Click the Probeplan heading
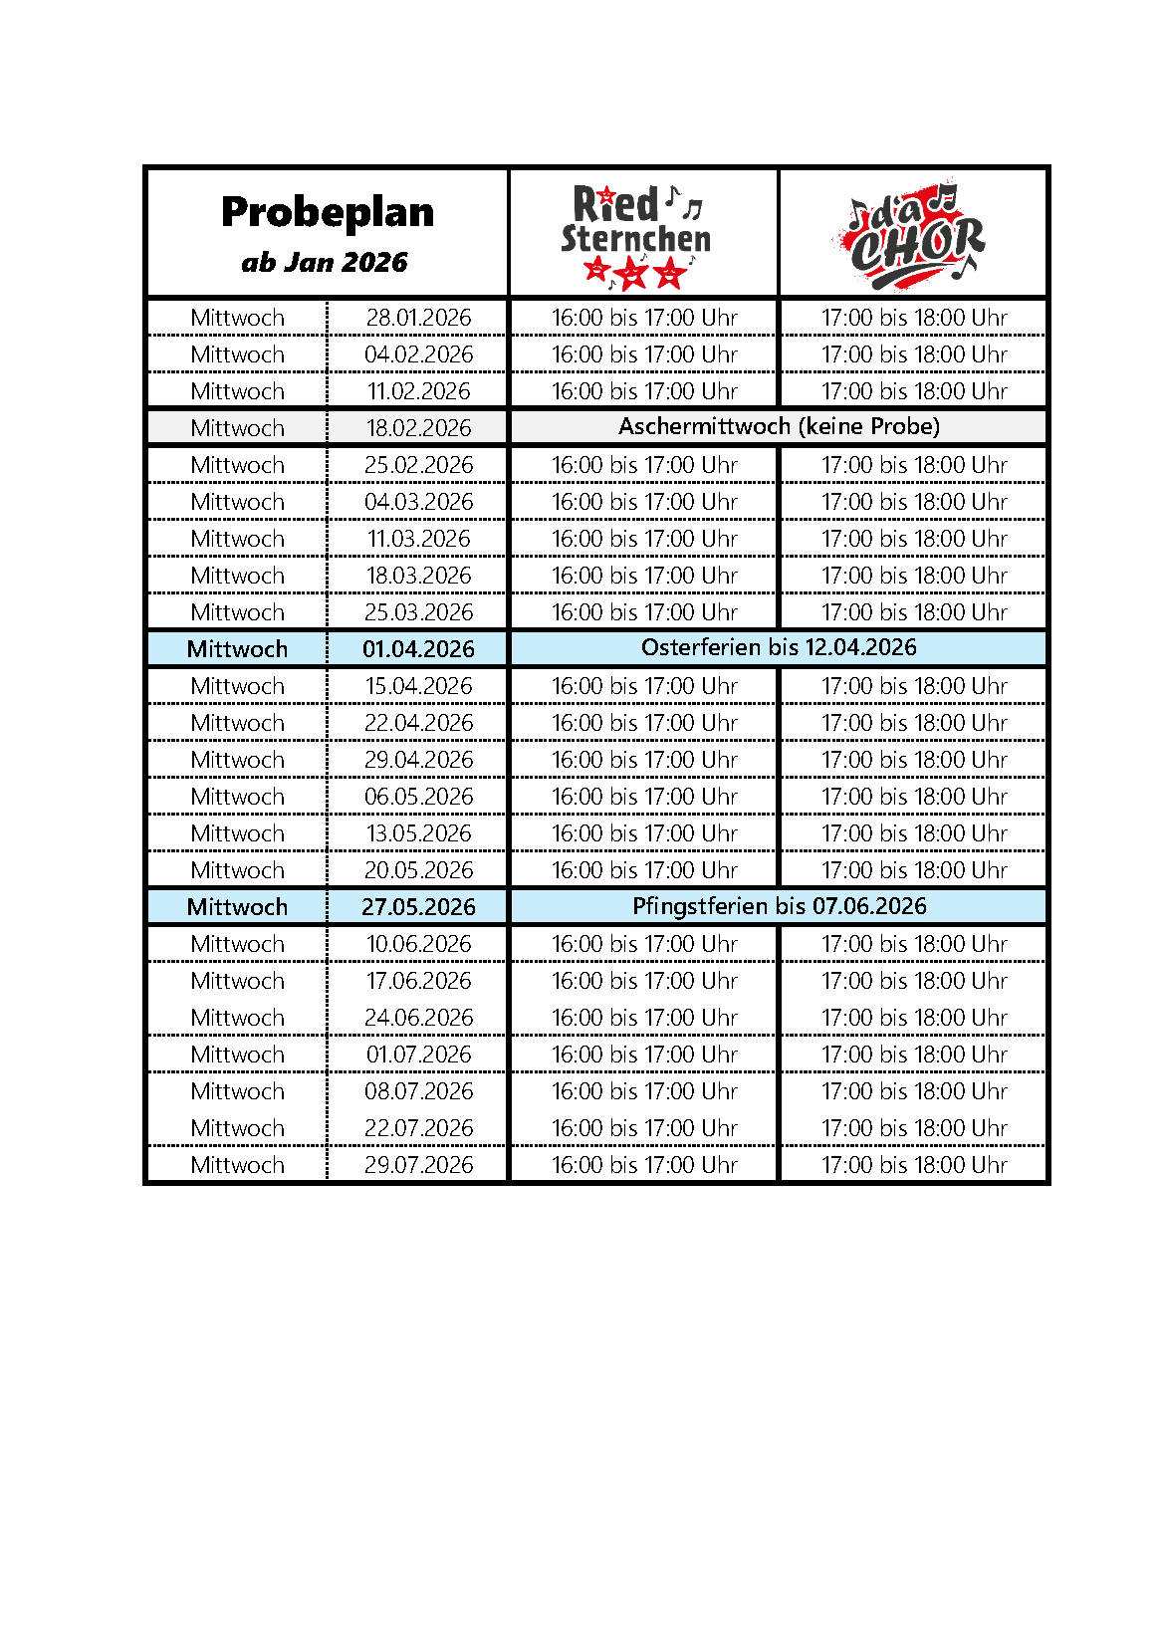tap(328, 212)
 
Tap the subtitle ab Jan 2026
tap(325, 263)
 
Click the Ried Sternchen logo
tap(636, 236)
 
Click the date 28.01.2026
tap(418, 318)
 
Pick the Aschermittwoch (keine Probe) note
tap(779, 427)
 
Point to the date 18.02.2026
tap(418, 428)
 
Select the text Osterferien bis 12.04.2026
tap(779, 648)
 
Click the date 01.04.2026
tap(418, 649)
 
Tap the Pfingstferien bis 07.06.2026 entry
tap(779, 906)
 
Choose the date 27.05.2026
tap(418, 907)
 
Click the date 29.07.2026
tap(418, 1165)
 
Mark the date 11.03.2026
tap(418, 539)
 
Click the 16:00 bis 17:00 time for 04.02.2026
tap(644, 354)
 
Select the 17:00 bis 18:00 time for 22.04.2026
tap(914, 723)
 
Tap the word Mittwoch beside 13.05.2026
tap(237, 833)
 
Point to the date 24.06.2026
tap(418, 1018)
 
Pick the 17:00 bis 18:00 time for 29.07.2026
tap(914, 1165)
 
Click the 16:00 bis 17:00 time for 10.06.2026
tap(644, 944)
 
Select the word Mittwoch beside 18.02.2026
tap(237, 428)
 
